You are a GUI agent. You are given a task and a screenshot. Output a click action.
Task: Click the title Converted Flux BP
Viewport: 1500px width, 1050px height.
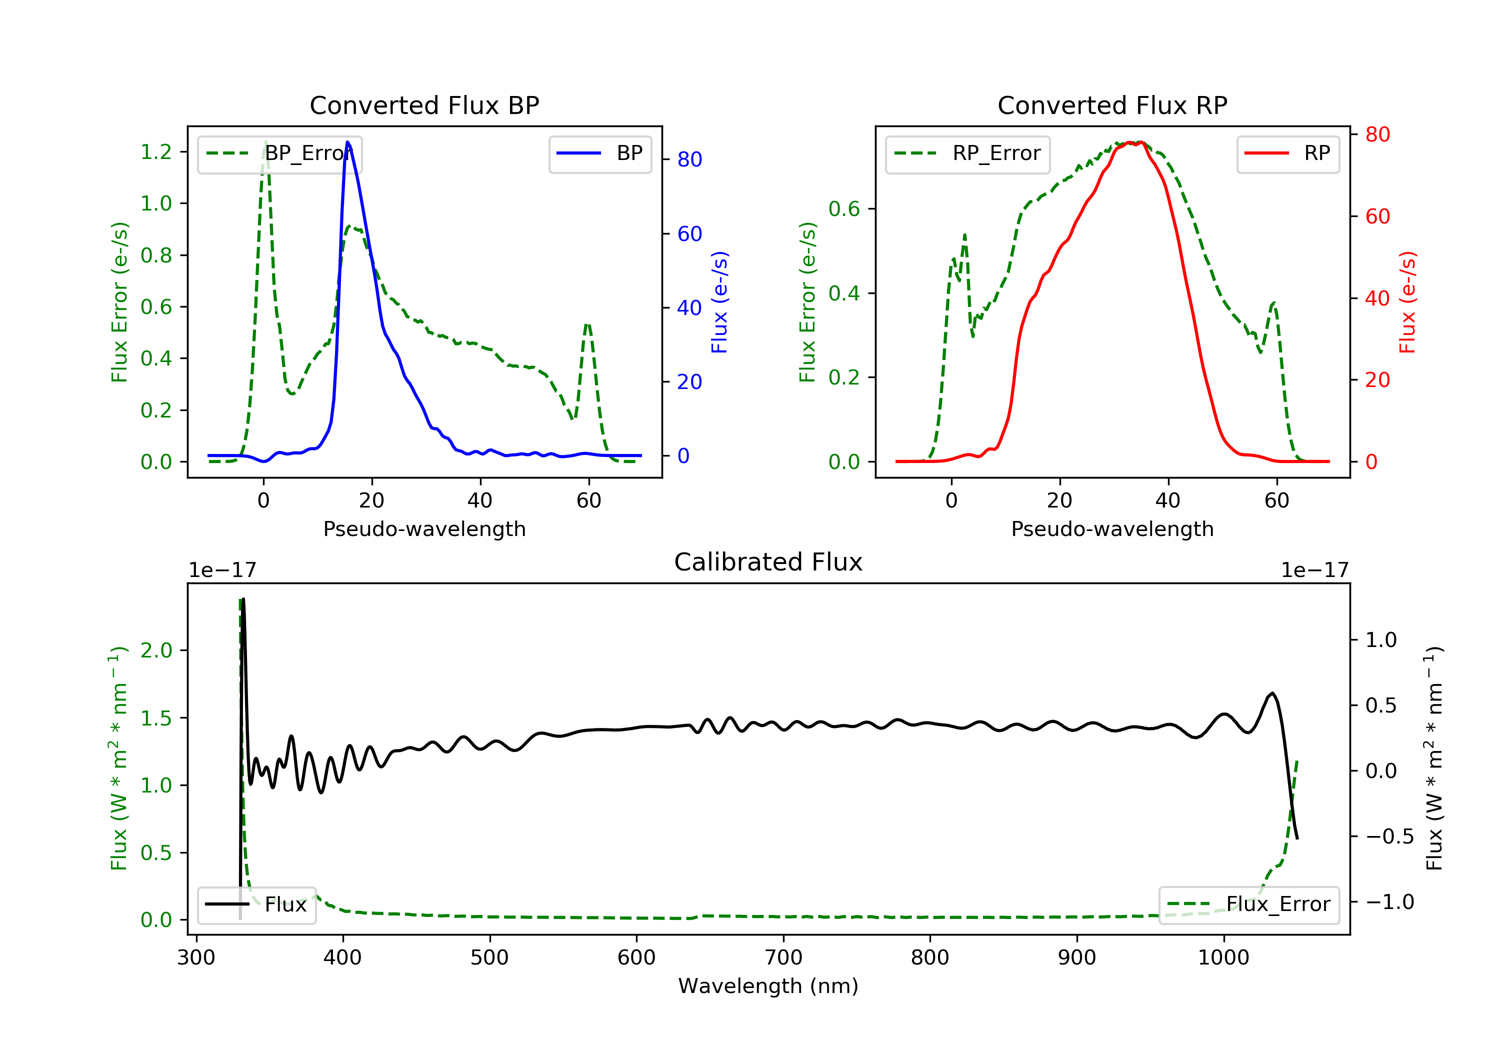pyautogui.click(x=424, y=105)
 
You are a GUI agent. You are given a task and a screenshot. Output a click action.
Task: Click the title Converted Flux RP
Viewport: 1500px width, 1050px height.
pyautogui.click(x=1112, y=105)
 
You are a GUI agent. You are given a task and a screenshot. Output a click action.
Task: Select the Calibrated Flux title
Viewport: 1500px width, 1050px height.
pyautogui.click(x=768, y=562)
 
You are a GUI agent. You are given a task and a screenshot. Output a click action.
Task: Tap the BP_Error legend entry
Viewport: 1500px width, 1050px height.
pyautogui.click(x=279, y=153)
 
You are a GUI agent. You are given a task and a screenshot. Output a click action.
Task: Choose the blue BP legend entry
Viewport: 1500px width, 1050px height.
pyautogui.click(x=600, y=153)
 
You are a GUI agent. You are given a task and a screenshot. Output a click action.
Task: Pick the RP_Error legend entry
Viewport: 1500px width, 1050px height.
pyautogui.click(x=967, y=153)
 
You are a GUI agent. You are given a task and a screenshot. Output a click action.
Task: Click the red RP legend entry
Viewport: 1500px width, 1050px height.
pyautogui.click(x=1287, y=153)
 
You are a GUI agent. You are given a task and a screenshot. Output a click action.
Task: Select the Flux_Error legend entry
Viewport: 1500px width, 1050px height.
pyautogui.click(x=1248, y=904)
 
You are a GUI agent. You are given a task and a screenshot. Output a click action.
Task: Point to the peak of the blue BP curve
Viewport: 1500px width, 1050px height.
pyautogui.click(x=347, y=142)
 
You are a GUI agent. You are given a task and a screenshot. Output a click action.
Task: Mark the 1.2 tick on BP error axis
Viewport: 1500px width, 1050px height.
pyautogui.click(x=156, y=152)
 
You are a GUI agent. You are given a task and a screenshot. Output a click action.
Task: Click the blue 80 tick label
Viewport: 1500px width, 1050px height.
pyautogui.click(x=689, y=159)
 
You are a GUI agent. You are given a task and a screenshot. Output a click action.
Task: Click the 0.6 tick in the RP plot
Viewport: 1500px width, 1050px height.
pyautogui.click(x=844, y=209)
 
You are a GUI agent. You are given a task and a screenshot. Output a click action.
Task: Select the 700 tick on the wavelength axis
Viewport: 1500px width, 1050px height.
pyautogui.click(x=783, y=958)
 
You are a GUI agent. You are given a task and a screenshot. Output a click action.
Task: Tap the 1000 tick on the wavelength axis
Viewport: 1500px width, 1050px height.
pyautogui.click(x=1223, y=958)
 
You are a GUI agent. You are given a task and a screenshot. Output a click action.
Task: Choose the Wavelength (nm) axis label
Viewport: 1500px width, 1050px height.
pyautogui.click(x=768, y=986)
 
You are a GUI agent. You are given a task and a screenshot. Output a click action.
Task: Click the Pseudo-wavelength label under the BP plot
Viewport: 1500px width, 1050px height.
pyautogui.click(x=424, y=529)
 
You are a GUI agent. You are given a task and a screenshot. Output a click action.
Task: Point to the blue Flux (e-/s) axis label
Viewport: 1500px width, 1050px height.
pyautogui.click(x=719, y=302)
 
